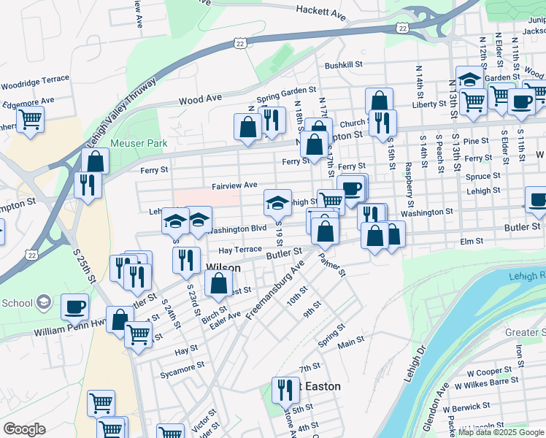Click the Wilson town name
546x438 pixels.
pos(223,268)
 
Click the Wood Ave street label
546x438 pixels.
pos(199,99)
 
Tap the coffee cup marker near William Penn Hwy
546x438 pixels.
pos(74,306)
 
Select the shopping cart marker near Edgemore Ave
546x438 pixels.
pos(31,118)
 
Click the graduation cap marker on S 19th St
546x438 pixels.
pos(277,202)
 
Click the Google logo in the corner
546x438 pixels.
pos(24,429)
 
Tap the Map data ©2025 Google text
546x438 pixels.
pos(501,432)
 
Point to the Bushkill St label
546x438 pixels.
pos(344,65)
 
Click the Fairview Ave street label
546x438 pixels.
pos(234,186)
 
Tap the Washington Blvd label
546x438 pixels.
pos(237,229)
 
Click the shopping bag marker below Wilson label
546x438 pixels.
pos(218,283)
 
